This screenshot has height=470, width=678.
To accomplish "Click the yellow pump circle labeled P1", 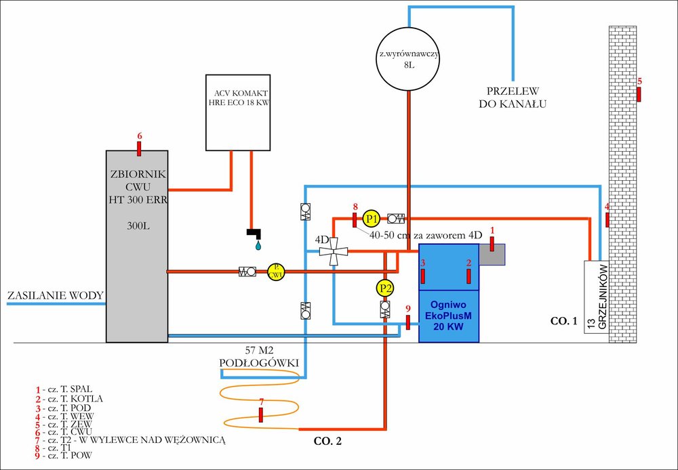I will [371, 218].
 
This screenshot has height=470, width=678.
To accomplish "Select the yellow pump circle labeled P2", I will [385, 289].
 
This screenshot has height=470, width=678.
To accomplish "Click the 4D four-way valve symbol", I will [334, 253].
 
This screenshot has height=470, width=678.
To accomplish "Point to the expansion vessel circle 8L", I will [408, 57].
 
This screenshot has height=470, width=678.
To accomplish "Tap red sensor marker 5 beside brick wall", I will [639, 93].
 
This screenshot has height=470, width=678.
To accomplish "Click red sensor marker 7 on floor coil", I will [261, 414].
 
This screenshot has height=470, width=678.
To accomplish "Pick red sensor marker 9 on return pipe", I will [407, 322].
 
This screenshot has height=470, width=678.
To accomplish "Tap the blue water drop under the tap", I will [258, 246].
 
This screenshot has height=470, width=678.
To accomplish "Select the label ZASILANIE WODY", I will [55, 296].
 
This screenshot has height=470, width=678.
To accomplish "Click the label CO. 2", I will [328, 442].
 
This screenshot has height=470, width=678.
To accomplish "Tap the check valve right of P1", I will [396, 218].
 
